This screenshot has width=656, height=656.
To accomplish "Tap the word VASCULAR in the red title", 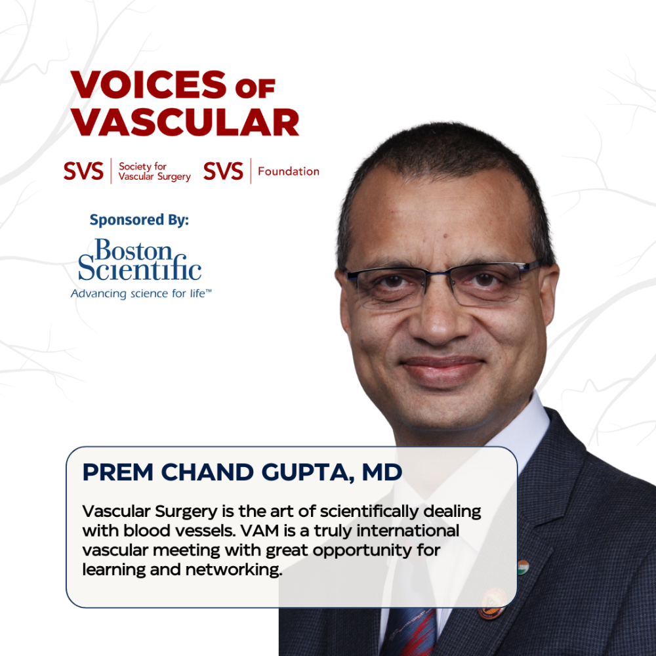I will coord(185,123).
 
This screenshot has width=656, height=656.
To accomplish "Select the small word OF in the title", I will coord(256,87).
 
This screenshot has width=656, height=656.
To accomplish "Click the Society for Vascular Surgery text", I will coord(154,172).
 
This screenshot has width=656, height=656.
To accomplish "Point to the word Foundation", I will coord(289,172).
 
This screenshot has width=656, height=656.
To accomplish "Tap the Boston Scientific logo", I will coord(140,260).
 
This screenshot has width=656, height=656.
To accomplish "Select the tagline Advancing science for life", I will coord(141,294).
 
